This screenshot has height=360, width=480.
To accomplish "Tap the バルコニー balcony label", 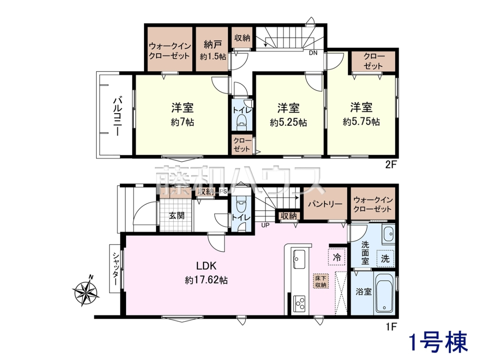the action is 118,116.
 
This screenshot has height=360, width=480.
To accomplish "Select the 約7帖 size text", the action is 182,122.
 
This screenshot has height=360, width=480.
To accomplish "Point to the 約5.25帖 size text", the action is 288,123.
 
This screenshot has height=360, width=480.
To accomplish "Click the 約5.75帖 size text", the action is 361,122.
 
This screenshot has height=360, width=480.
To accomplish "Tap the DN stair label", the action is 313,53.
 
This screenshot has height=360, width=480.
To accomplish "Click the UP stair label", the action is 265,225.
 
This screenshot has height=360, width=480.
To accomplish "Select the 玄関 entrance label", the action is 177,216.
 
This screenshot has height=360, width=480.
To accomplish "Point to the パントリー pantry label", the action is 325,204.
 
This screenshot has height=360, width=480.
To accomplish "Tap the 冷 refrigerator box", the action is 337,257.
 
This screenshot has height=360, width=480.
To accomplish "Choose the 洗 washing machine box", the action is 385,258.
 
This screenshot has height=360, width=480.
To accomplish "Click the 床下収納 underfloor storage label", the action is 321,281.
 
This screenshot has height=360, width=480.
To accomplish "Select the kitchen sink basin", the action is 299,260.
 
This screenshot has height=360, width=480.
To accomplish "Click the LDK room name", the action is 206,266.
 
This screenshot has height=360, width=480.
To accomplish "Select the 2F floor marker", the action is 391,165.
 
